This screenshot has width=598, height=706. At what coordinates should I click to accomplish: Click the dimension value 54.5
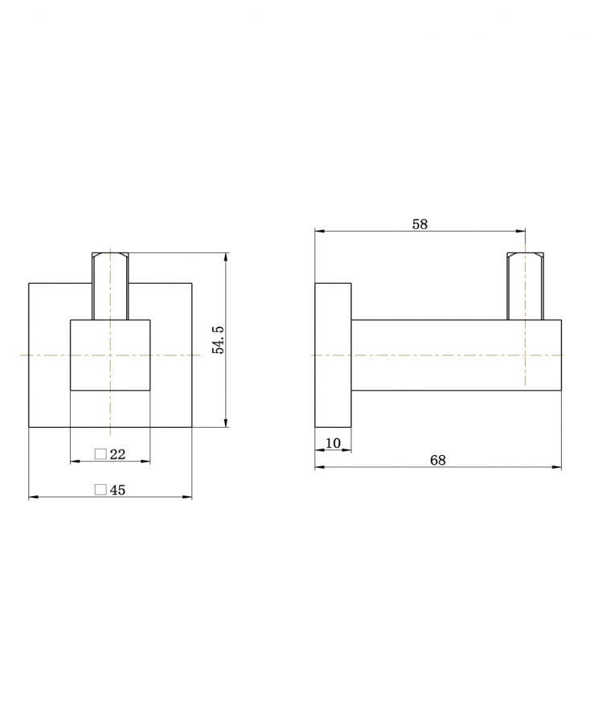point(218,340)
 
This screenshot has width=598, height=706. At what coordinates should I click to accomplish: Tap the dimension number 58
point(420,224)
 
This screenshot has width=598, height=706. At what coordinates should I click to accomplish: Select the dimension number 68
point(437,460)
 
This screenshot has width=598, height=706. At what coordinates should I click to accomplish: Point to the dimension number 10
point(333,443)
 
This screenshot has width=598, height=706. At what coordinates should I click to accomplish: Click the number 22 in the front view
point(117,454)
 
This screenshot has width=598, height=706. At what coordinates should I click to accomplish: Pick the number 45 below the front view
point(117,490)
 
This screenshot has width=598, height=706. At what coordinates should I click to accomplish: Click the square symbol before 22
point(100,454)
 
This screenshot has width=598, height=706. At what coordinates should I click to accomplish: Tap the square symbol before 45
point(100,490)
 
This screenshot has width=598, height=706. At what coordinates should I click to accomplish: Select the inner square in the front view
point(110,355)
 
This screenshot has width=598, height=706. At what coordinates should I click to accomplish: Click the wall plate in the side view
point(333,355)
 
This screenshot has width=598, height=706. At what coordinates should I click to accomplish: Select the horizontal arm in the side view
point(455,355)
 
